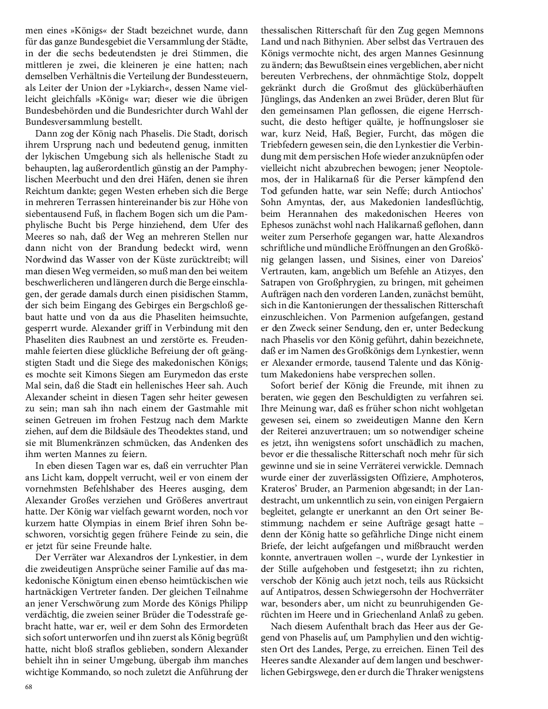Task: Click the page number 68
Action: point(28,686)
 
